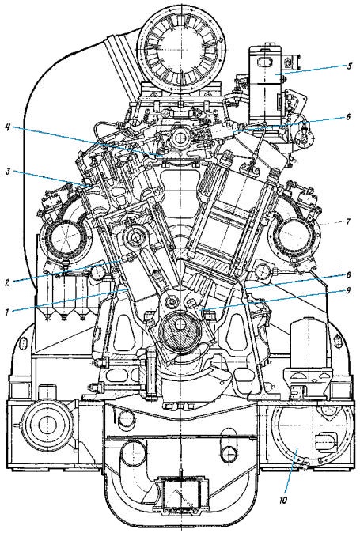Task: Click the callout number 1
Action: pos(7,312)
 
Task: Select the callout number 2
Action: pos(7,282)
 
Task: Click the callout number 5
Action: pos(349,66)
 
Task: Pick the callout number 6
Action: pos(348,116)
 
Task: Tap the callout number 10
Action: pos(284,500)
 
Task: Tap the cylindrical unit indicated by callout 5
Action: pos(266,85)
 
